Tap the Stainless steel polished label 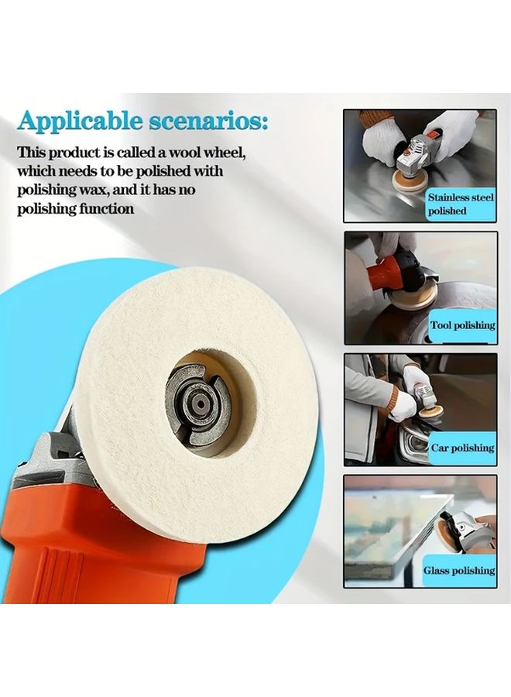point(460,204)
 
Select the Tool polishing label point(462,325)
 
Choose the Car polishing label point(462,448)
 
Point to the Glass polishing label point(458,570)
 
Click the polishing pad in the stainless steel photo point(403,186)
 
